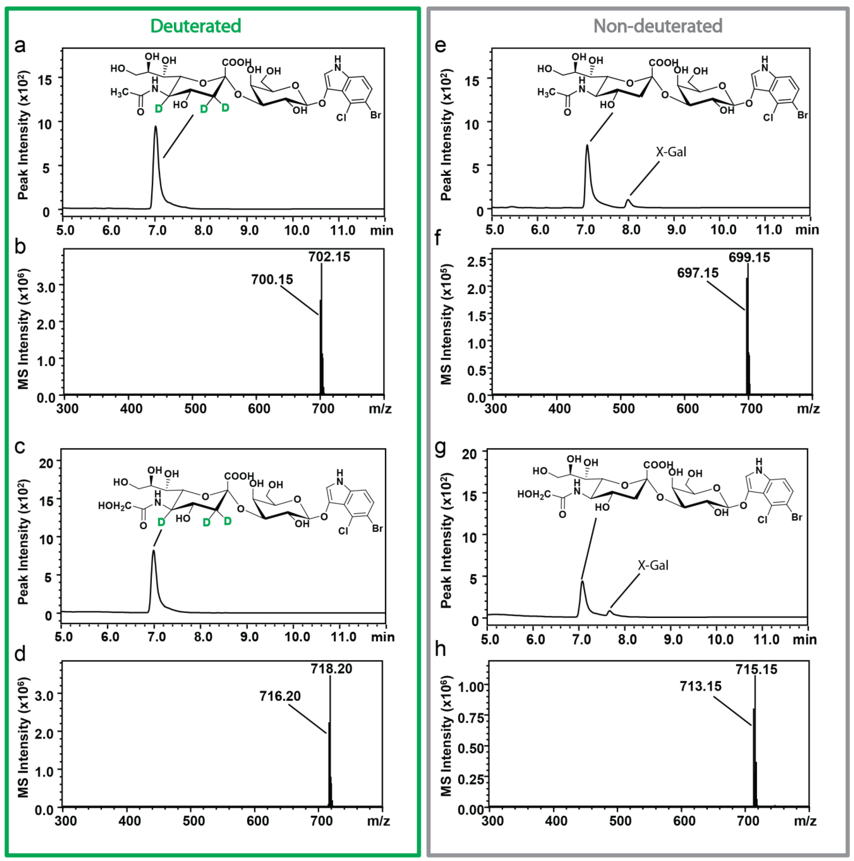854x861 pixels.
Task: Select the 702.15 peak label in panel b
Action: pos(329,257)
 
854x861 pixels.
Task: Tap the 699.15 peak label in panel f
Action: pos(749,257)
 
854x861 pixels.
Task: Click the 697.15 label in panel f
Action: pos(698,273)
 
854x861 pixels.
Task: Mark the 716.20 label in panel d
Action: pos(280,696)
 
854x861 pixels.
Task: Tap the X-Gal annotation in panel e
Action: pos(671,152)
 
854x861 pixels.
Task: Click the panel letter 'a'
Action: pos(20,45)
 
